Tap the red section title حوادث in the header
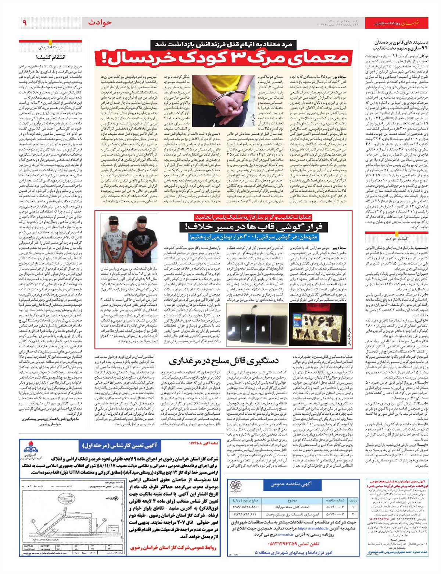click(x=100, y=22)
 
